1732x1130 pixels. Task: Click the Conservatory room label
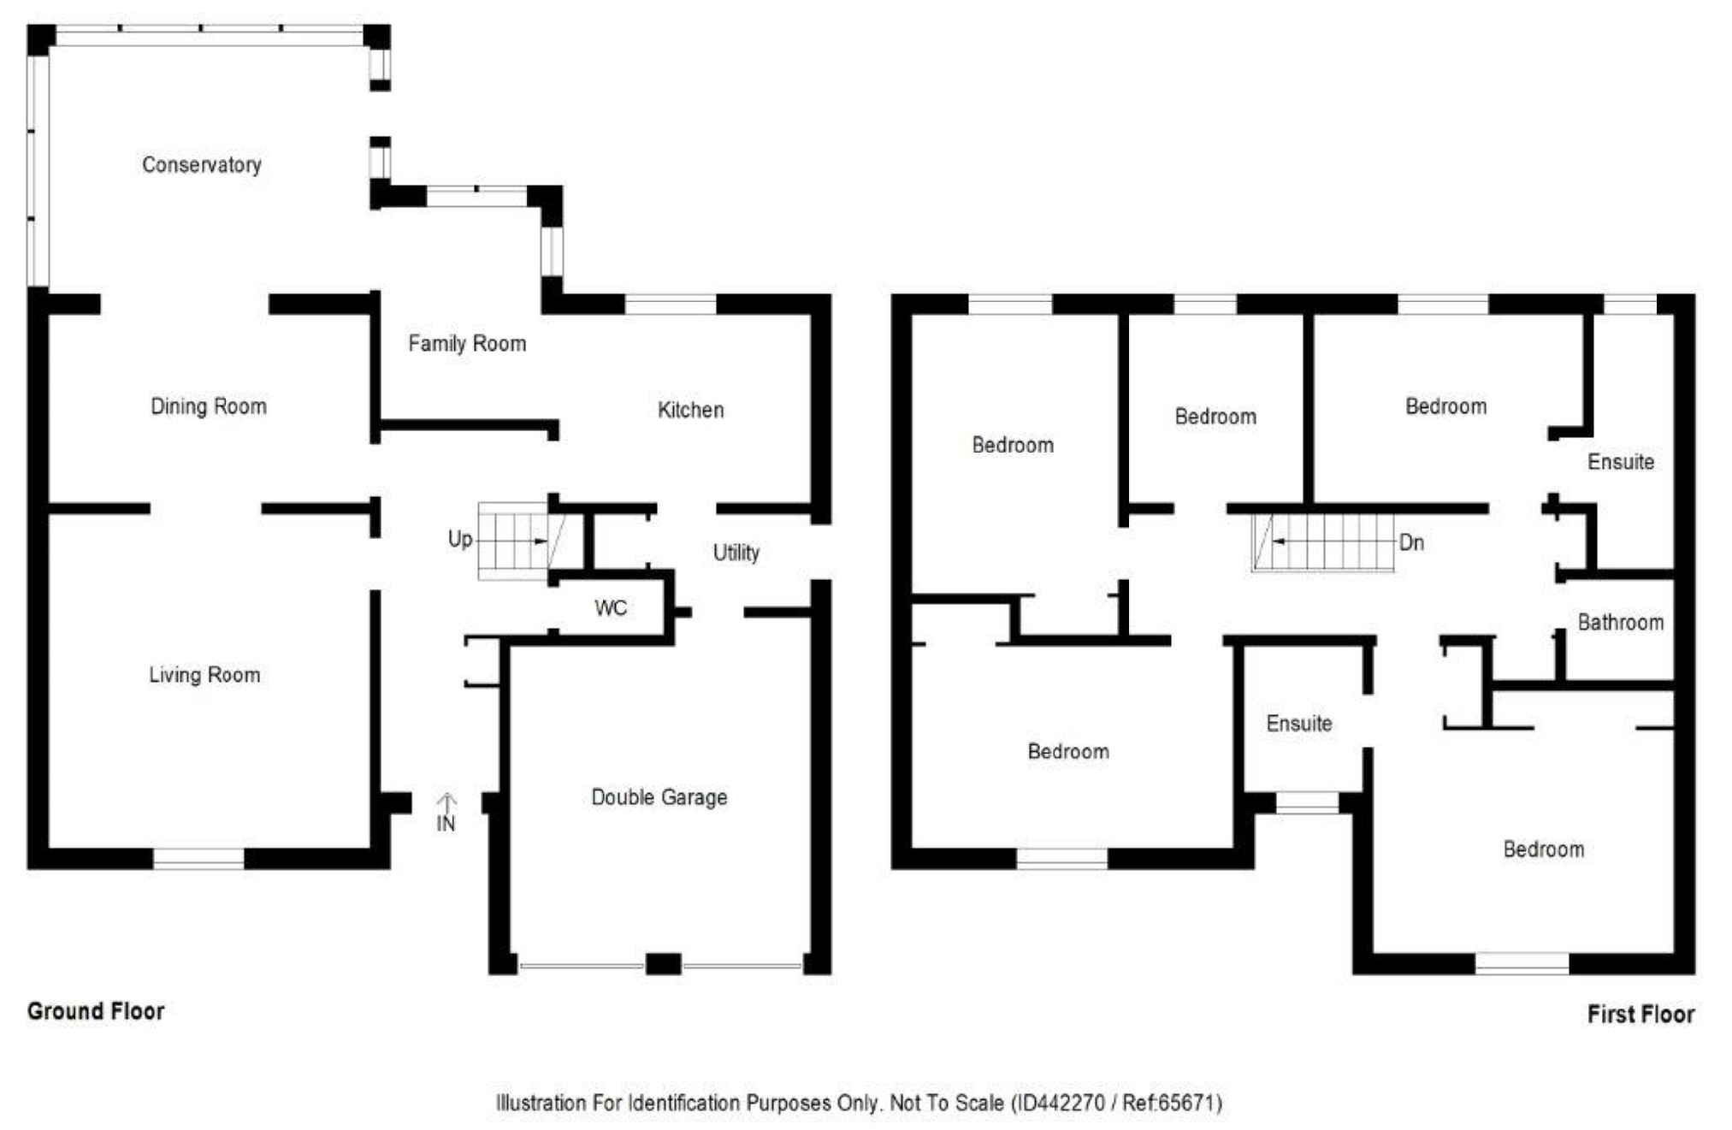click(x=202, y=164)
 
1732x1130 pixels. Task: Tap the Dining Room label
click(x=209, y=406)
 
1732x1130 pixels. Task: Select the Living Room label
click(x=204, y=675)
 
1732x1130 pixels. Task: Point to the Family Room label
click(x=467, y=343)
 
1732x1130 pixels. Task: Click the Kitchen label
click(x=690, y=410)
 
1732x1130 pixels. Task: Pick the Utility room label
click(x=736, y=553)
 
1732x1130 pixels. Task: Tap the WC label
click(x=611, y=608)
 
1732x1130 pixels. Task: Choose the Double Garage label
click(x=659, y=797)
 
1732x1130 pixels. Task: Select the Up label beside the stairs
click(x=459, y=539)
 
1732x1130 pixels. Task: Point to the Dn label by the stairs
click(x=1411, y=542)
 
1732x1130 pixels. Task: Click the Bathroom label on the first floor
click(x=1620, y=622)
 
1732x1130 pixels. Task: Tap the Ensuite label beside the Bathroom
click(x=1620, y=462)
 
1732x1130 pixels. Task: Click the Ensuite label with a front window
click(x=1298, y=724)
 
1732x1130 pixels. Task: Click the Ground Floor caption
click(x=96, y=1011)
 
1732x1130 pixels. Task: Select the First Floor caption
click(x=1640, y=1014)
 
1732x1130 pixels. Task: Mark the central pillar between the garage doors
click(x=663, y=964)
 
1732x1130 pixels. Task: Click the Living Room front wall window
click(x=198, y=858)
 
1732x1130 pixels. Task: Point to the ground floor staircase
click(x=513, y=541)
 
